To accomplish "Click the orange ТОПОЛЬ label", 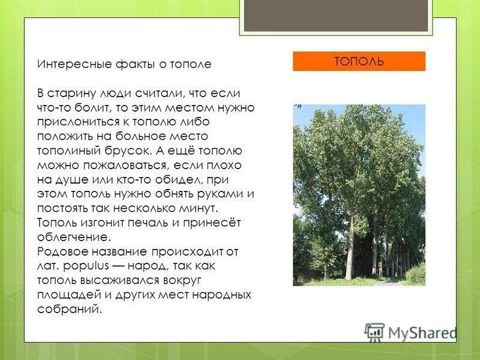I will [x=359, y=61].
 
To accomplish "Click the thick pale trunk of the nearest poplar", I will [x=349, y=252].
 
